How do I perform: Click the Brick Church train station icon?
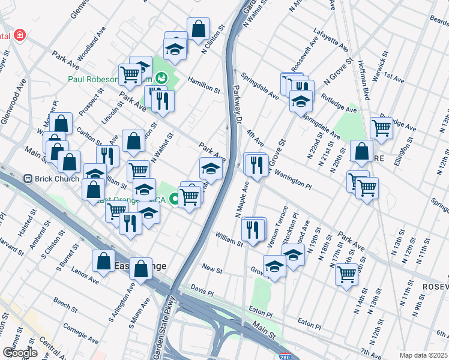tap(27, 178)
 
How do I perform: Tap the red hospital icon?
tap(20, 35)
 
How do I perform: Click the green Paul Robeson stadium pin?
tap(161, 77)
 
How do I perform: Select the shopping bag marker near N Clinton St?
tap(197, 28)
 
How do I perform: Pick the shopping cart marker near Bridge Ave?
tap(381, 127)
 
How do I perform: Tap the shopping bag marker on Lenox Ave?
tap(103, 262)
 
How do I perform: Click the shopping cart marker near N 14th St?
tap(346, 274)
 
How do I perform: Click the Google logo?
tap(20, 353)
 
